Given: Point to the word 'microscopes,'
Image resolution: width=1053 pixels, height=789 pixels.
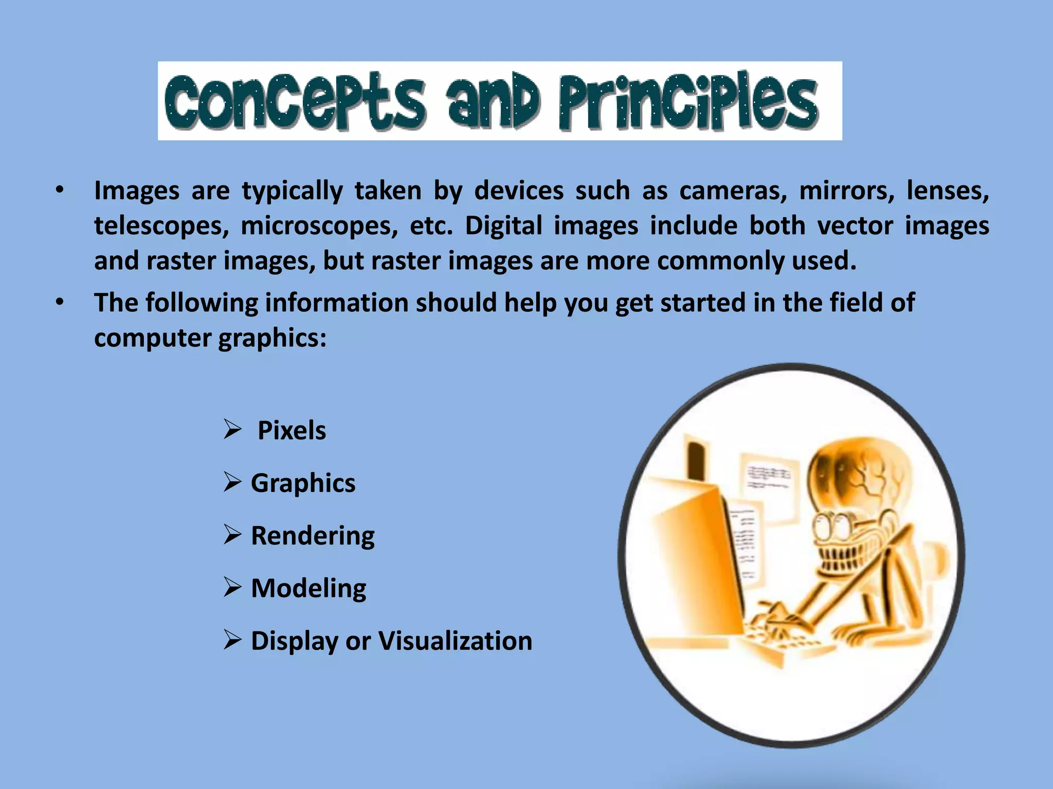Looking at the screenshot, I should click(319, 226).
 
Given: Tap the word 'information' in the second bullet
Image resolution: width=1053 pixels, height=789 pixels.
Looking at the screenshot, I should click(336, 303).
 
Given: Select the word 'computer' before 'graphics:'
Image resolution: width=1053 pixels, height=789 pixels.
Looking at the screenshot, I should click(153, 339).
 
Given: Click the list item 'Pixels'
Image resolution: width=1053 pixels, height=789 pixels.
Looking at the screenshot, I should click(292, 430).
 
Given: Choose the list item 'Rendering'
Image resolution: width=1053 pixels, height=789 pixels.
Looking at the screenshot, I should click(313, 536).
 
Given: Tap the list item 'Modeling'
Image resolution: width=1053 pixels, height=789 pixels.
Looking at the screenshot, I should click(308, 589).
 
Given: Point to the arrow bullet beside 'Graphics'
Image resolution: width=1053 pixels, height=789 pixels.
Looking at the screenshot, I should click(232, 483).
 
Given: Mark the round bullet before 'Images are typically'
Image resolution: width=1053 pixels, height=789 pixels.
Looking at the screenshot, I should click(60, 191).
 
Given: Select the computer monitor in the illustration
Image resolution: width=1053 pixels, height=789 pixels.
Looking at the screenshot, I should click(694, 555).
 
